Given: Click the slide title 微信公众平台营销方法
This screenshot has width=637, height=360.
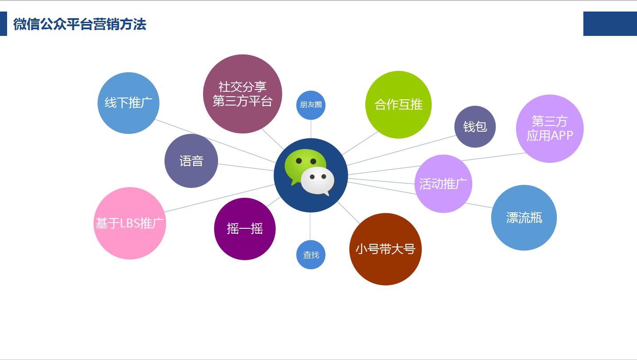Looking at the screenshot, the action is [x=80, y=24].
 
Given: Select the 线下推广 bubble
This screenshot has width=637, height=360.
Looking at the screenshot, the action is [x=128, y=103].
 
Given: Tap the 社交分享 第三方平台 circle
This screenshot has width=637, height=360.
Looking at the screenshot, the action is [x=242, y=94].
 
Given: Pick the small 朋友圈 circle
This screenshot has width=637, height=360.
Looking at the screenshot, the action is [x=311, y=105].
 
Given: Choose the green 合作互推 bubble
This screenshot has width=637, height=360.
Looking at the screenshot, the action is [x=399, y=105].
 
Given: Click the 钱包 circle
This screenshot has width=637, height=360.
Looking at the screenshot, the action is [x=475, y=126].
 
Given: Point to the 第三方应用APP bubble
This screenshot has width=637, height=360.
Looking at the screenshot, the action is [x=550, y=129].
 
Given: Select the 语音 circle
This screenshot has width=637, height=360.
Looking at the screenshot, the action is [x=191, y=160].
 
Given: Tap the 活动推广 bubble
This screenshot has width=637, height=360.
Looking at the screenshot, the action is [x=443, y=184].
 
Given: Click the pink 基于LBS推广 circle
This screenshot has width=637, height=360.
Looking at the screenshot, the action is [x=130, y=223].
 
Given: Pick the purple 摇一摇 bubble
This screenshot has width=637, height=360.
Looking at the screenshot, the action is [x=245, y=229].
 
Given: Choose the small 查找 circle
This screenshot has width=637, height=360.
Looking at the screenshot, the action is [x=311, y=254].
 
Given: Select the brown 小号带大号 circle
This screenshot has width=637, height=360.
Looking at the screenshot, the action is [x=385, y=249].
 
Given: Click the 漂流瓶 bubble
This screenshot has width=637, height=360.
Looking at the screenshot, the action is [x=524, y=218].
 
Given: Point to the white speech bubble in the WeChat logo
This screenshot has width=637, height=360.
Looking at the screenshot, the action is [x=317, y=181].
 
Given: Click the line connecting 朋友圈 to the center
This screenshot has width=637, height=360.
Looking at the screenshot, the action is [x=311, y=129].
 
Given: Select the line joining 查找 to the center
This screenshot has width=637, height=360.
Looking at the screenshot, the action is [x=310, y=226].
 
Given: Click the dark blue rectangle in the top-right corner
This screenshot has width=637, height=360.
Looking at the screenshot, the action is [x=610, y=23].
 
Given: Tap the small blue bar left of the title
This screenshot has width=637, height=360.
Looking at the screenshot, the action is [x=4, y=23].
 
